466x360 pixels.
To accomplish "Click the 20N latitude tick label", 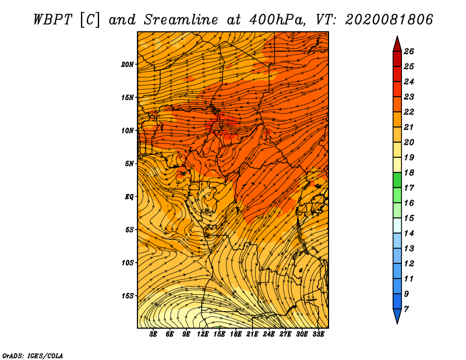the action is [x=127, y=65].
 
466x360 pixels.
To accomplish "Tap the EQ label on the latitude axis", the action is [x=129, y=197].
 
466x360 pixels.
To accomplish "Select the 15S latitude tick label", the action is [x=128, y=296].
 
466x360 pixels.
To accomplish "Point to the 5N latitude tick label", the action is [x=129, y=164].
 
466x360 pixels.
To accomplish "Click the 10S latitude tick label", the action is [x=128, y=263].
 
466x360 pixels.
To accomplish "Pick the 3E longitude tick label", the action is [x=153, y=334].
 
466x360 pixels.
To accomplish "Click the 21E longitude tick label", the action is [x=252, y=334].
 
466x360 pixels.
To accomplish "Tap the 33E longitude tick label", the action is [x=318, y=334].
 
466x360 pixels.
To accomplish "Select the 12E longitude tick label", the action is [x=202, y=334].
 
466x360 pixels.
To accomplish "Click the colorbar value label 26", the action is [x=409, y=51].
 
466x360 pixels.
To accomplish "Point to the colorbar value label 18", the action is [x=409, y=172].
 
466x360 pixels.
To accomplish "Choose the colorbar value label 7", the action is [x=407, y=309].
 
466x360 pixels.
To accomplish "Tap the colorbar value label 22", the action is [x=409, y=112].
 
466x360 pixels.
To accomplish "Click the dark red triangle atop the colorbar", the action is [x=397, y=45].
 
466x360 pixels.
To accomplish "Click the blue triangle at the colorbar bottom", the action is [x=397, y=315].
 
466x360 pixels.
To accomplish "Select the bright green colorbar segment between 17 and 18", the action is [x=397, y=180].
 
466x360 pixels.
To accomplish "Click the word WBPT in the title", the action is [x=52, y=20].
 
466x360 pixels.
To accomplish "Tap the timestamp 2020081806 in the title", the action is [x=389, y=20].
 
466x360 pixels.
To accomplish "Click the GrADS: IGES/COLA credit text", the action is [x=33, y=356].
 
